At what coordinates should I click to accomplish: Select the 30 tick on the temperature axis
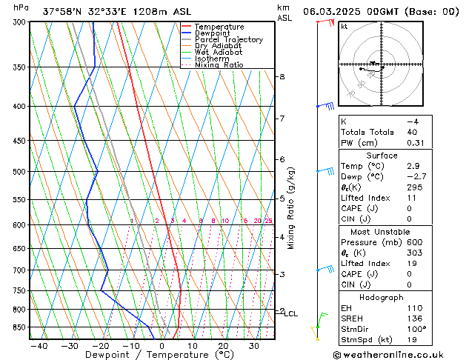click(253, 346)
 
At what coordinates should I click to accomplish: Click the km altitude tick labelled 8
click(282, 77)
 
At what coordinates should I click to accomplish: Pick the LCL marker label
click(291, 314)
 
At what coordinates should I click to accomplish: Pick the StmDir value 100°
click(416, 329)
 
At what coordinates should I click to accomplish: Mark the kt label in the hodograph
click(344, 27)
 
